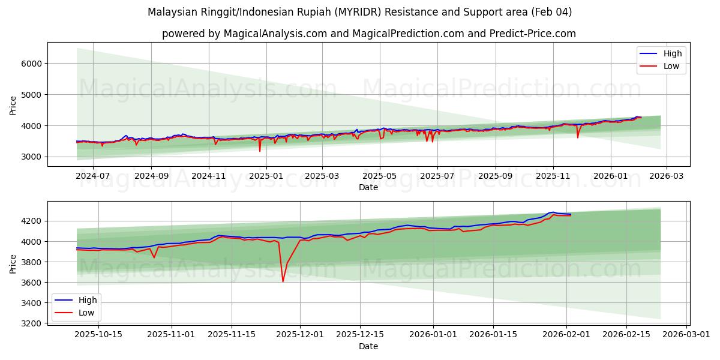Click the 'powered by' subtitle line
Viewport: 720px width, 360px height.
368,34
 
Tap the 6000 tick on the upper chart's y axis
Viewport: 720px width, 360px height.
32,64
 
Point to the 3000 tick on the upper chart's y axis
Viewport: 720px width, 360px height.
32,157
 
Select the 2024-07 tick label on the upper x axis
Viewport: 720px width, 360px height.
93,176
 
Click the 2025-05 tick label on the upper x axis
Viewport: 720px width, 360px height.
380,176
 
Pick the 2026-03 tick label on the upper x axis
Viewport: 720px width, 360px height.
667,176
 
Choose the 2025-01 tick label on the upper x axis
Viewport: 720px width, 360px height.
265,176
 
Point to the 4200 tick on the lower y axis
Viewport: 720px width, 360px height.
32,221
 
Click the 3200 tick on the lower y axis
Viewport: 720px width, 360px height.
32,323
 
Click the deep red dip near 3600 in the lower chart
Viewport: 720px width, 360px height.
283,281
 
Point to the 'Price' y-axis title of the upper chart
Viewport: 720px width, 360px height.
13,105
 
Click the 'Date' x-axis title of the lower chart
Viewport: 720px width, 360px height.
368,346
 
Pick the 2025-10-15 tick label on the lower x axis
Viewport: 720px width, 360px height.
98,334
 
